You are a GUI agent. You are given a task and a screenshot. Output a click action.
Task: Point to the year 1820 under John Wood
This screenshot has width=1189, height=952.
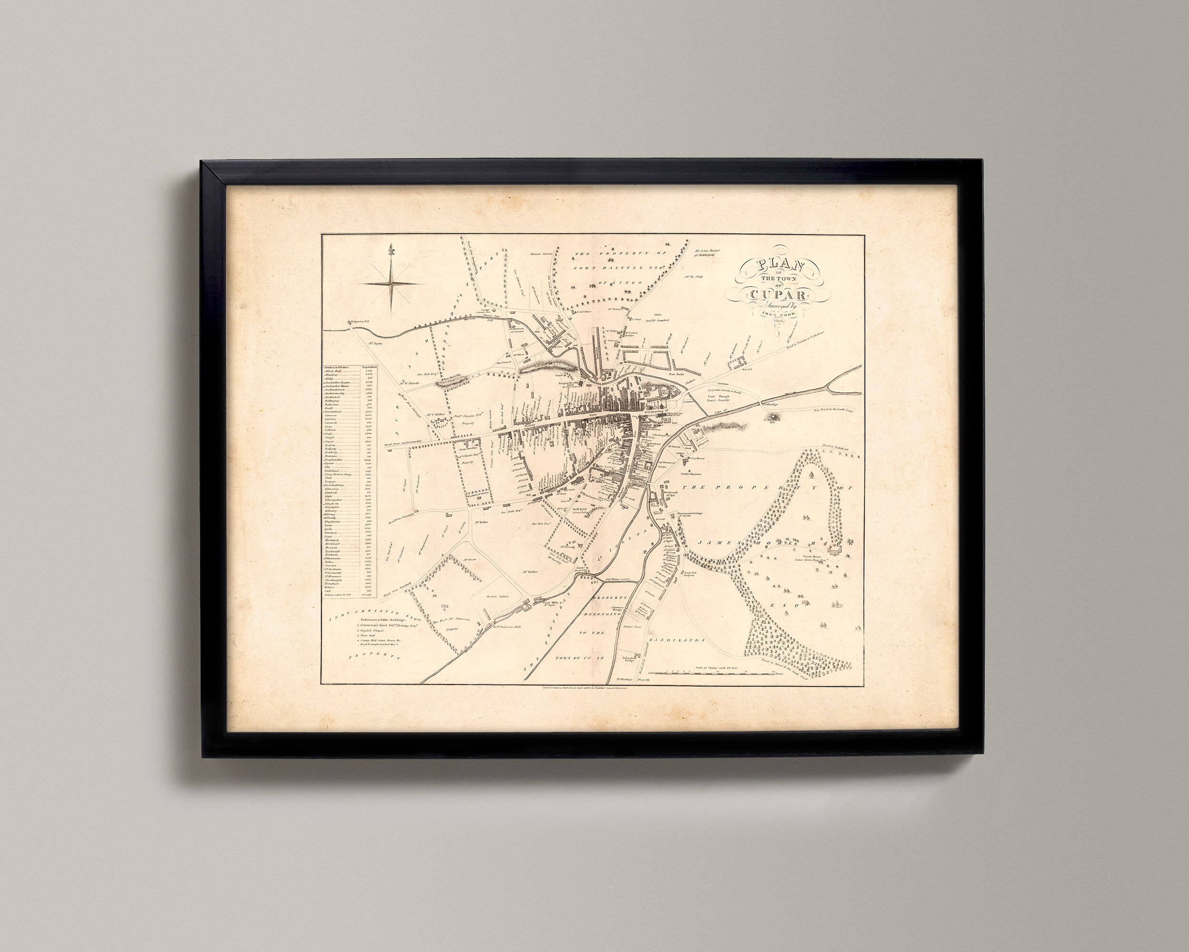778,319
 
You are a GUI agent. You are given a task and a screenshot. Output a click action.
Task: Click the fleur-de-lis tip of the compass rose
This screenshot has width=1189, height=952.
391,249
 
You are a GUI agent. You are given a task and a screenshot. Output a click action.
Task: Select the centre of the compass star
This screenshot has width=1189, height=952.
391,284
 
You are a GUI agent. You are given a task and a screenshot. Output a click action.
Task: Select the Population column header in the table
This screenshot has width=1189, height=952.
369,367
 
